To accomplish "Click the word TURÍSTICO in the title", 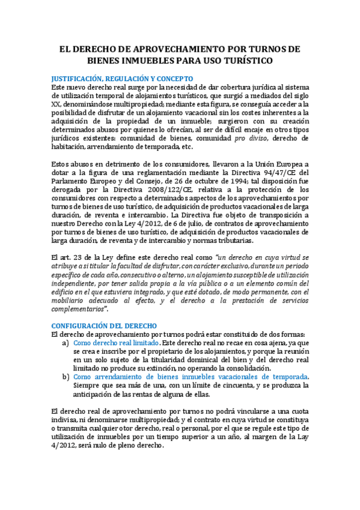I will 247,61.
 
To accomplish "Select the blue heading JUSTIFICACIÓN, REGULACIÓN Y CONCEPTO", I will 122,78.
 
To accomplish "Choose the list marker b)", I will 66,377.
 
